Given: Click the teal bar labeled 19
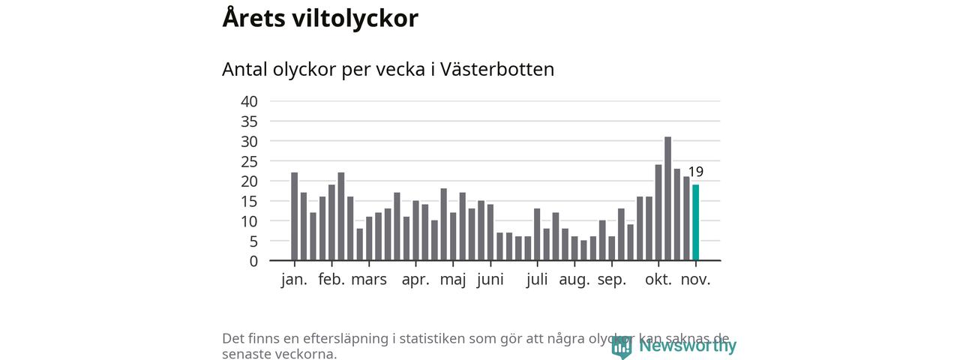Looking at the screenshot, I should (x=696, y=223).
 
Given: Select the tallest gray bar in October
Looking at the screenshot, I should (x=667, y=199).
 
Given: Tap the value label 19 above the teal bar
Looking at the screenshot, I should (x=696, y=172).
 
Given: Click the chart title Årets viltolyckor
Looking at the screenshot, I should (x=320, y=19).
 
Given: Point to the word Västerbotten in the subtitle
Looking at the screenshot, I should (x=497, y=69).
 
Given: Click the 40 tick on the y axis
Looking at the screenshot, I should (x=249, y=101).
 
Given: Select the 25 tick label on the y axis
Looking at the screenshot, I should (x=249, y=161).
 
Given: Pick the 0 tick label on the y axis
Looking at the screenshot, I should (x=253, y=261).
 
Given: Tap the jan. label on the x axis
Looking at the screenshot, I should (x=295, y=280).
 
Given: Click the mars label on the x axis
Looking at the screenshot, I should (x=369, y=280).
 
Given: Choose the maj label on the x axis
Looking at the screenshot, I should (x=453, y=280).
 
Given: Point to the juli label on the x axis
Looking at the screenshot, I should (x=537, y=280).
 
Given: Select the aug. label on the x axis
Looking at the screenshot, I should (x=574, y=280).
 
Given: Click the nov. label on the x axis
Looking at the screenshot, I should (x=696, y=280).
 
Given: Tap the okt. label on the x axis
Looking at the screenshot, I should (x=658, y=280).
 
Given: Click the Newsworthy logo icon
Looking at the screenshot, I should (x=621, y=346).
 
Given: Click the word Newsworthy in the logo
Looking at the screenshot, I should (x=688, y=346).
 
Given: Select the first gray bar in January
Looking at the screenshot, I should (x=295, y=217).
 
